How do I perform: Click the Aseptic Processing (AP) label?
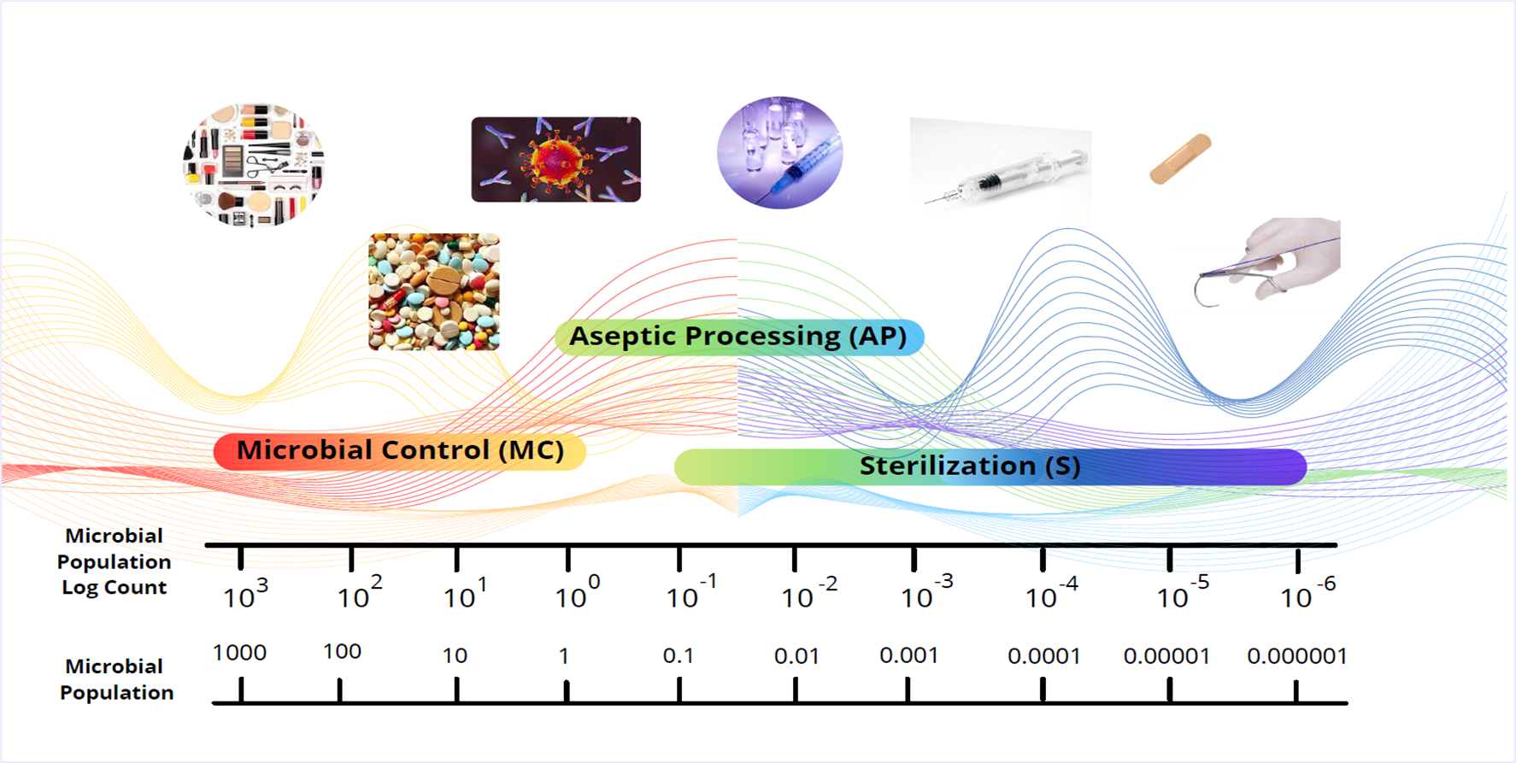738,337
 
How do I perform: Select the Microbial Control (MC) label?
400,451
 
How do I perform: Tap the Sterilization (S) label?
990,467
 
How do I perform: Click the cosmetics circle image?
254,165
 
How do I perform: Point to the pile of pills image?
434,292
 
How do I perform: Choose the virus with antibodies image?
555,160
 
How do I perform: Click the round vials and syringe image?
779,153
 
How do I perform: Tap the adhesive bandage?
1181,159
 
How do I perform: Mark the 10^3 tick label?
245,594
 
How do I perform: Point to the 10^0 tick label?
578,592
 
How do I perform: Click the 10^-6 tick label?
1307,593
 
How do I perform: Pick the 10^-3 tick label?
927,592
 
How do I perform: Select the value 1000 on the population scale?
239,653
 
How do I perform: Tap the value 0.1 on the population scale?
679,656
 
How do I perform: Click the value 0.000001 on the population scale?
1297,656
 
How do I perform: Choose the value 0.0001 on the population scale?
1044,656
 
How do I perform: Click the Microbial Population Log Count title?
114,561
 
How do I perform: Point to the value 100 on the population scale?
342,652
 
